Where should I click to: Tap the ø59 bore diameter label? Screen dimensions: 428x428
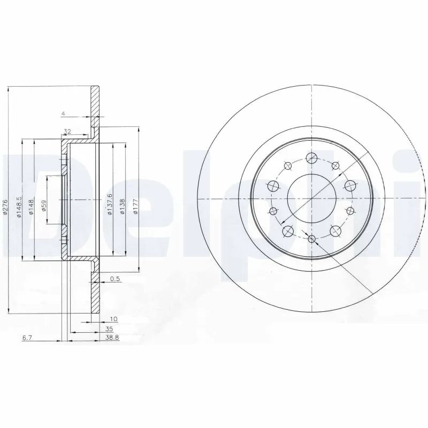point(44,205)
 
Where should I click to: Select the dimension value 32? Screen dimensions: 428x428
point(67,131)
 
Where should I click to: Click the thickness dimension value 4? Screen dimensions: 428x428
point(63,113)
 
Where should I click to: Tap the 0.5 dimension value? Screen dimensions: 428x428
point(114,279)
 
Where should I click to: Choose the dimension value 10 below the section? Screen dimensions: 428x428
point(113,318)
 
